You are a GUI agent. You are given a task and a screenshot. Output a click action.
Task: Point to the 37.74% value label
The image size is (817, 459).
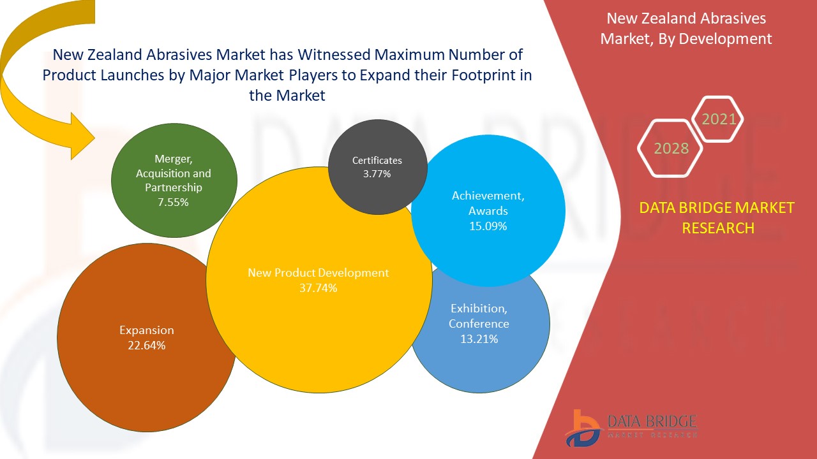pos(319,288)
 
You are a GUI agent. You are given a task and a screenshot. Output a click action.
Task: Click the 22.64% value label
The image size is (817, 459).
pos(147,346)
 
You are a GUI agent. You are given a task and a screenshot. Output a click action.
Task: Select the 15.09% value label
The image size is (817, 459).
pos(488,226)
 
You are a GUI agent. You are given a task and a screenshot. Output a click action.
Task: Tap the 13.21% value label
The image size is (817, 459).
pos(479,339)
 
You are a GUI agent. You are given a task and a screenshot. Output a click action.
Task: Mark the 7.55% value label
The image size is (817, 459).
pos(174,202)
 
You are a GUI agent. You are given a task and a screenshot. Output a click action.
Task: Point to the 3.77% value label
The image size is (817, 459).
pos(377,173)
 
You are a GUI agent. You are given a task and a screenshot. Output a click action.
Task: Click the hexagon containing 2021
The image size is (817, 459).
pos(719,119)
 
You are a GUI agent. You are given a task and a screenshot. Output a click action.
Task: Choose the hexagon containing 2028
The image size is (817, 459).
pos(671,149)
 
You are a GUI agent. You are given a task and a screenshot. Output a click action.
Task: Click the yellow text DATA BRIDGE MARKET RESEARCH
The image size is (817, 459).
pos(717,217)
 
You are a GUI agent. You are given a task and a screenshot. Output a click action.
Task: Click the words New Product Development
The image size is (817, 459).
pos(318,273)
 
